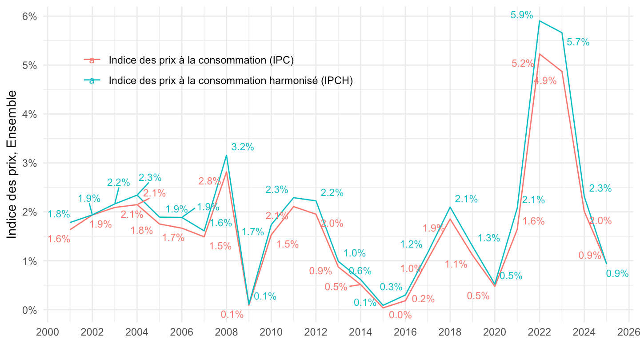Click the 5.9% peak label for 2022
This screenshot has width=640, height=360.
coord(522,15)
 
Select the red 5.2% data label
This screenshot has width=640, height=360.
coord(522,63)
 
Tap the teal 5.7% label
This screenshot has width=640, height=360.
coord(578,42)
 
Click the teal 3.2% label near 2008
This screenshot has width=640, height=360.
coord(243,147)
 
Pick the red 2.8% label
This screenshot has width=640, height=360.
coord(209,181)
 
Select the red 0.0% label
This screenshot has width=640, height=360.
coord(400,315)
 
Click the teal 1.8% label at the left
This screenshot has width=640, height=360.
coord(59,214)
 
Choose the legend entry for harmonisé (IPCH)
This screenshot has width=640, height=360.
coord(230,80)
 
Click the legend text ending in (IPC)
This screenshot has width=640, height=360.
coord(201,60)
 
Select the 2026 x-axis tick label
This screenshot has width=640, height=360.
coord(629,332)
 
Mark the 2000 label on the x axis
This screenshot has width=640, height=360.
coord(48,332)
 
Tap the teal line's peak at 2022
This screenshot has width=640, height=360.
coord(540,21)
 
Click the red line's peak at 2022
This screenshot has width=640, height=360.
coord(540,54)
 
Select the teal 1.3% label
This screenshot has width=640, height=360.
coord(489,238)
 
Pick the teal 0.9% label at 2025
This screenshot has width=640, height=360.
coord(617,274)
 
